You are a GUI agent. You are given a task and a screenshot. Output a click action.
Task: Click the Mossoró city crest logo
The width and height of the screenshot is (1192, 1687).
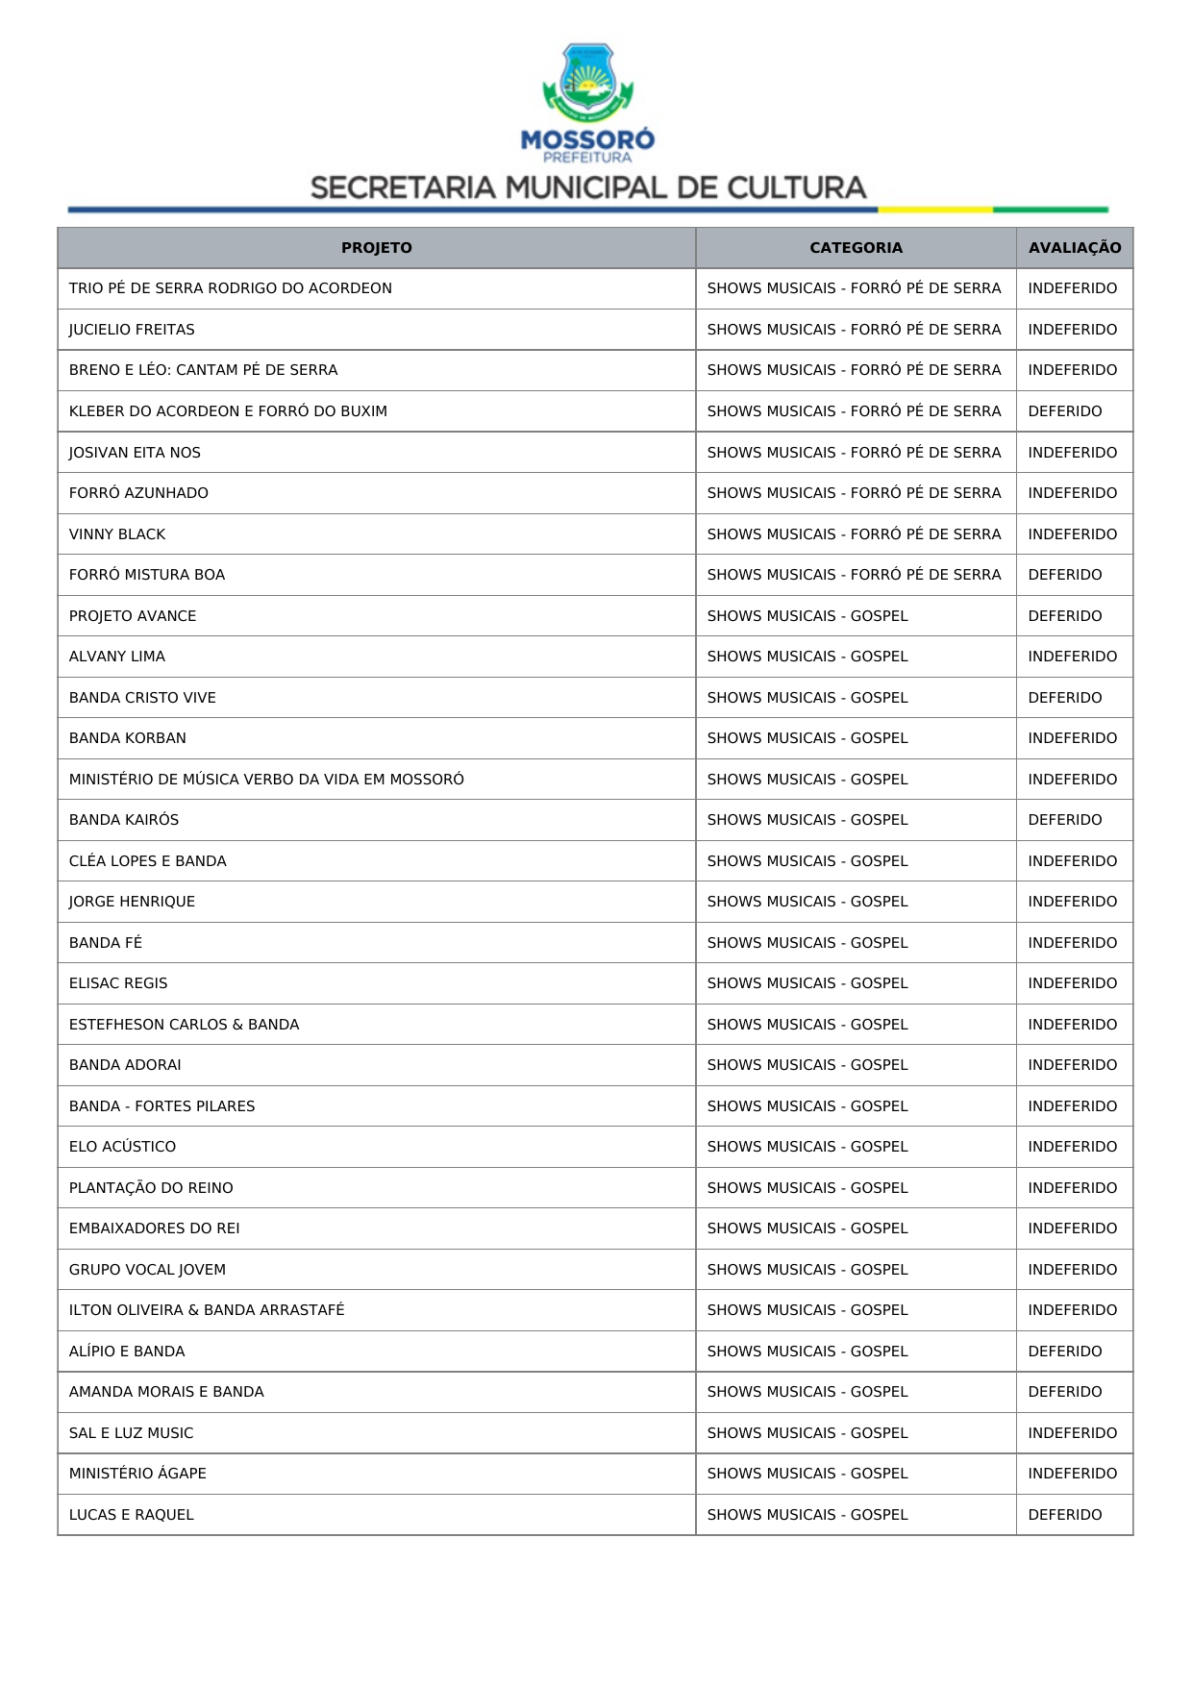(x=587, y=83)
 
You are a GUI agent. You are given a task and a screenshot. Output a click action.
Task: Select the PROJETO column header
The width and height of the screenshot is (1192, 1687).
(x=376, y=248)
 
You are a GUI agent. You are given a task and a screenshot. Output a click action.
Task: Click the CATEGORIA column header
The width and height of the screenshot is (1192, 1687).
(x=856, y=248)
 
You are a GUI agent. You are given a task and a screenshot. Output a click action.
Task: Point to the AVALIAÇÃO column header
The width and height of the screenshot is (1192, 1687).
(x=1074, y=248)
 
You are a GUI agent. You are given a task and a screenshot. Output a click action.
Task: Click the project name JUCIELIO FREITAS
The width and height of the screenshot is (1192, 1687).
(x=132, y=330)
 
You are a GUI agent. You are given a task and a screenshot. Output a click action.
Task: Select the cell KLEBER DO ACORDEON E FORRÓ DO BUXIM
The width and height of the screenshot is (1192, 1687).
(x=228, y=411)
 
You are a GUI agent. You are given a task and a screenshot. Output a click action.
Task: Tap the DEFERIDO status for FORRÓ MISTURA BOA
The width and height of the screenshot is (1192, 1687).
(x=1064, y=575)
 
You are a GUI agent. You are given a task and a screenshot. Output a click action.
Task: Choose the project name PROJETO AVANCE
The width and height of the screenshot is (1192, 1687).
(x=133, y=616)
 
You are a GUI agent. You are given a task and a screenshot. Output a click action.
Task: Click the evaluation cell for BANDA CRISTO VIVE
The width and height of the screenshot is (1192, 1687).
(x=1064, y=698)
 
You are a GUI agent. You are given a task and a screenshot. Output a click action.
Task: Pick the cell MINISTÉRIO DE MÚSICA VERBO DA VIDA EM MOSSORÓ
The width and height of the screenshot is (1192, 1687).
(x=266, y=780)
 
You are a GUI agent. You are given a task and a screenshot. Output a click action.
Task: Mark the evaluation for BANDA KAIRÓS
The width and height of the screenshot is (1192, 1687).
(x=1064, y=820)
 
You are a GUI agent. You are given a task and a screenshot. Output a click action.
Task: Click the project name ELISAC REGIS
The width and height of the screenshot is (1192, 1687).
(x=118, y=983)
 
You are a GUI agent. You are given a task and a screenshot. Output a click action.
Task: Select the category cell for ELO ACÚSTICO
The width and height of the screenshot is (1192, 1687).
(x=807, y=1147)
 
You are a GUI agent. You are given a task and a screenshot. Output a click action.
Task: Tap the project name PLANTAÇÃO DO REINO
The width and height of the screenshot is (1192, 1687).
(x=151, y=1188)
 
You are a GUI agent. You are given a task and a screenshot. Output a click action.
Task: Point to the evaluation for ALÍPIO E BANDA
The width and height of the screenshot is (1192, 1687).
(x=1064, y=1352)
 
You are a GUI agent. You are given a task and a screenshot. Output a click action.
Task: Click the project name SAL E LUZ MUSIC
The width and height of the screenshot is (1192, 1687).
(x=131, y=1433)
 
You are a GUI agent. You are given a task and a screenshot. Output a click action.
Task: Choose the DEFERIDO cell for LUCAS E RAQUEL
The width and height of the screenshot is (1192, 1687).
(x=1064, y=1515)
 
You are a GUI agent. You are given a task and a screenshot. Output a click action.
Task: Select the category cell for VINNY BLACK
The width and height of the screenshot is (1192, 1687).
(x=854, y=534)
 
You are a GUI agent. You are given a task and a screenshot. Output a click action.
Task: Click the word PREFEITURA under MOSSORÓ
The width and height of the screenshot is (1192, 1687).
(x=587, y=158)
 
